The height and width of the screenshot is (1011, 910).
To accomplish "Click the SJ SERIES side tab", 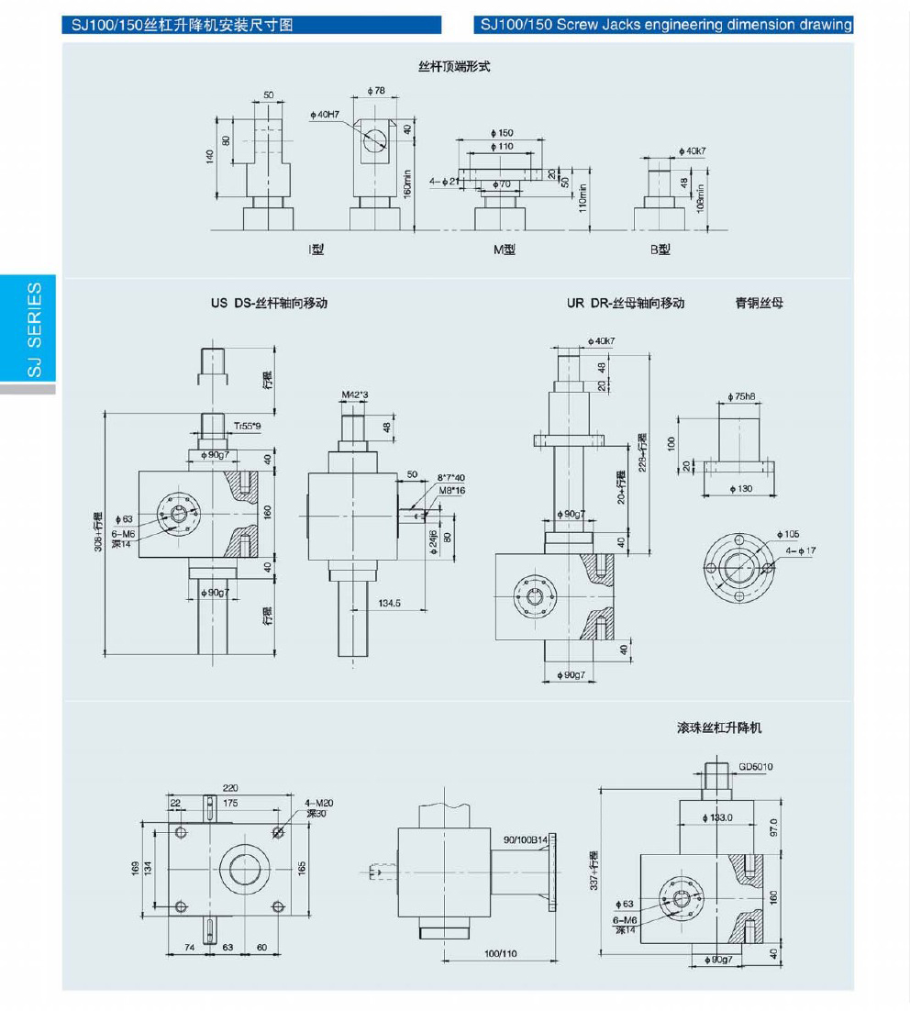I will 32,329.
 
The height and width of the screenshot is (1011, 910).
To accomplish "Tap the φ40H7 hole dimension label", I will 325,115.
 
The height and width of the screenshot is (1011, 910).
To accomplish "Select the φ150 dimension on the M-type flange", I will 502,133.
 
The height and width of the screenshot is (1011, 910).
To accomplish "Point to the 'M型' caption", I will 504,250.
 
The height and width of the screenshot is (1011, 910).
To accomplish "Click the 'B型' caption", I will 660,250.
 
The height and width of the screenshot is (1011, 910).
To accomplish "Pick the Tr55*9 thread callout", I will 247,426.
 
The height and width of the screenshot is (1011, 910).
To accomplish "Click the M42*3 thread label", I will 354,395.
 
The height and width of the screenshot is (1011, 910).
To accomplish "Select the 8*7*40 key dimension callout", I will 450,478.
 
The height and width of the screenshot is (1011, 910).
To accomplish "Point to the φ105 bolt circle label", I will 787,533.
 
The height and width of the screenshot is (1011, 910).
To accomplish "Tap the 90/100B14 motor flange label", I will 525,839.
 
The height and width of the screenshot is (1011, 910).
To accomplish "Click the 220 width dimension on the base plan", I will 230,787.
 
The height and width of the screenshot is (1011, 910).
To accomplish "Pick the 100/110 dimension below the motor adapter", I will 501,953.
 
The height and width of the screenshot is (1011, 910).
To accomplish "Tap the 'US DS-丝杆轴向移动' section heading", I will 269,303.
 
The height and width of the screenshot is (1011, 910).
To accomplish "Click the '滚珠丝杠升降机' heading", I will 718,728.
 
